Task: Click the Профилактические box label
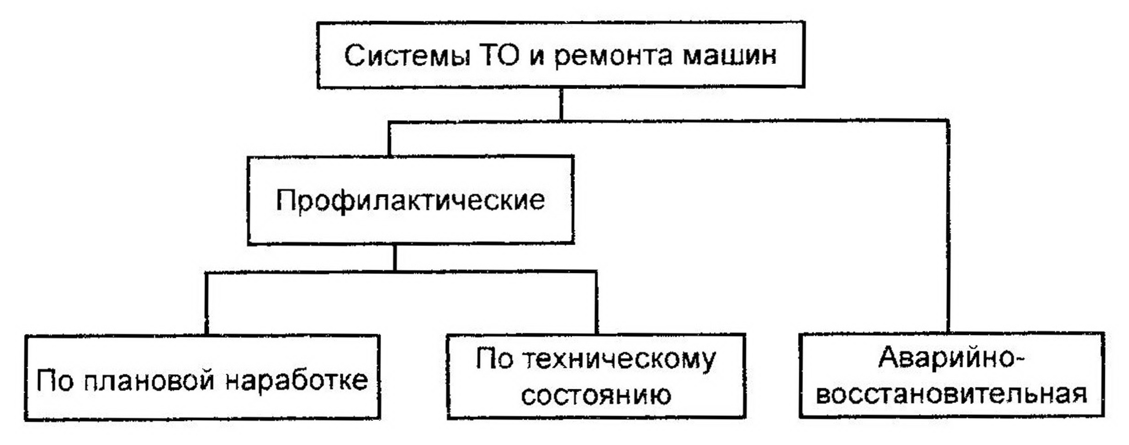pyautogui.click(x=410, y=200)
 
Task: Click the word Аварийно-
pyautogui.click(x=952, y=358)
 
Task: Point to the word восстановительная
pyautogui.click(x=952, y=394)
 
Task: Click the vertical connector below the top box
pyautogui.click(x=561, y=105)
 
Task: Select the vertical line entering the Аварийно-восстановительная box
pyautogui.click(x=948, y=228)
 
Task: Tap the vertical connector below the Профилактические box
pyautogui.click(x=395, y=258)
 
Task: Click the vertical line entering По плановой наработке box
pyautogui.click(x=207, y=304)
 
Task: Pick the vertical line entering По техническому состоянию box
pyautogui.click(x=596, y=303)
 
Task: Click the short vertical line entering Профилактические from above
pyautogui.click(x=389, y=139)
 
